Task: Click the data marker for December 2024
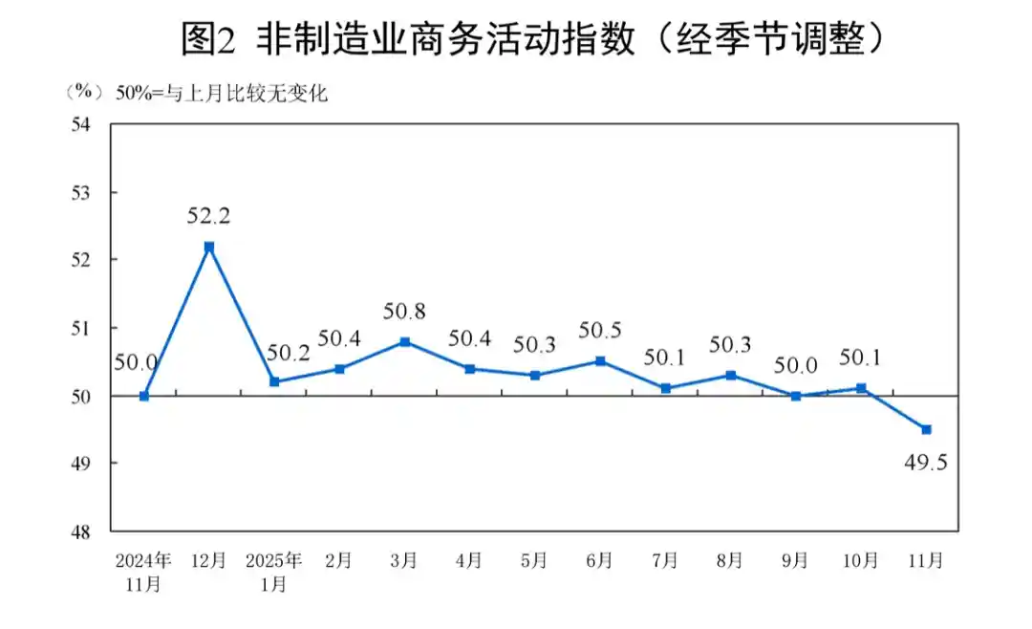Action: [209, 247]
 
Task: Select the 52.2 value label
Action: [209, 216]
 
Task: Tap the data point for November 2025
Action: [926, 429]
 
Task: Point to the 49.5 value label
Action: [925, 464]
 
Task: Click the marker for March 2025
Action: [405, 341]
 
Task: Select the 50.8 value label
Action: [404, 311]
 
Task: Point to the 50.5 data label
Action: [600, 331]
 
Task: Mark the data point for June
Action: [600, 361]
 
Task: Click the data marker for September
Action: [796, 396]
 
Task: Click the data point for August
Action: [731, 376]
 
